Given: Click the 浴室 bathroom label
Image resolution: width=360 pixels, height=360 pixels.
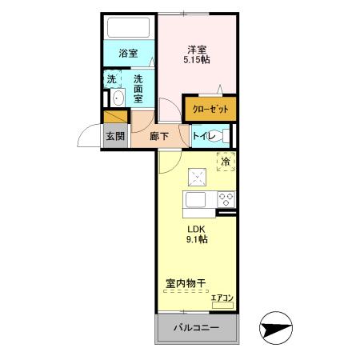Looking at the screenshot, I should tap(128, 54).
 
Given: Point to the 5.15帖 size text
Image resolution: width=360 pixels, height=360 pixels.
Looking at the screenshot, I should tap(198, 60).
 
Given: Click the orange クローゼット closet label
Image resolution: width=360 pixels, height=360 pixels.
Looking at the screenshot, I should tap(210, 108).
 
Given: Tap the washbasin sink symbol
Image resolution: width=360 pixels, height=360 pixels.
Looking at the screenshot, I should tap(118, 99).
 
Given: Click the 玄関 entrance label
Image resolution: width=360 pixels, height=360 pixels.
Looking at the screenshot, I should tap(114, 135).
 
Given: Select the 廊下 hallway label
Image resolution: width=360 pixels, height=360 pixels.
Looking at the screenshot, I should tap(159, 136).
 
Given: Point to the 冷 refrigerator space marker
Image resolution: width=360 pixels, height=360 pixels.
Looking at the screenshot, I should tap(226, 162).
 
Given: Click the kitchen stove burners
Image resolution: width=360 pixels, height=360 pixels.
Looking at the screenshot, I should tap(225, 199).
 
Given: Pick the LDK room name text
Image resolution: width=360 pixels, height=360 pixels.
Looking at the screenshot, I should tap(197, 228).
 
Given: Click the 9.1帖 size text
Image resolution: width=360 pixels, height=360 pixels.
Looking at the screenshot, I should tap(198, 239).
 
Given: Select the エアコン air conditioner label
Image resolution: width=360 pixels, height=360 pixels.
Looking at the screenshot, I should tap(222, 298).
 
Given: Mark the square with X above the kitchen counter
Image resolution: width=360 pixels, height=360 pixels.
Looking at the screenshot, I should tap(196, 178).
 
